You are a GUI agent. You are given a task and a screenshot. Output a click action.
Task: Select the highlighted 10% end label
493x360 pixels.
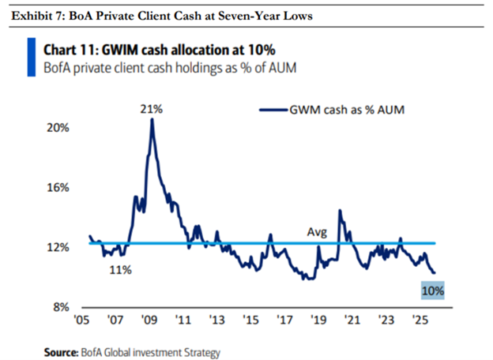[x=433, y=291]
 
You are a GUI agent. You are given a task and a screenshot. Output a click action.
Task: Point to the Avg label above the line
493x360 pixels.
[x=317, y=232]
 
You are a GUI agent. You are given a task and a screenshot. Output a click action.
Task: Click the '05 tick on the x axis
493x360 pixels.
[x=81, y=322]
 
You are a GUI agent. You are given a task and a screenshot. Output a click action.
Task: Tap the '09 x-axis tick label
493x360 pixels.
[x=149, y=322]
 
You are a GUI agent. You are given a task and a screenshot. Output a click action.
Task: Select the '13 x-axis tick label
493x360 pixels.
[x=216, y=322]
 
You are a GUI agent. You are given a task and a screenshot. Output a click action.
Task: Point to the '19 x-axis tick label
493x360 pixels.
[x=318, y=322]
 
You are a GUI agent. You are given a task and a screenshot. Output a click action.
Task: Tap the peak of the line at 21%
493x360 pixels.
[x=152, y=119]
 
